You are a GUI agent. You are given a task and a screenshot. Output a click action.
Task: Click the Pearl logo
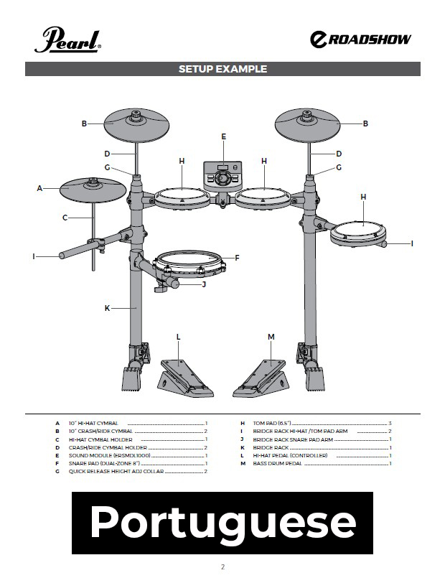pyautogui.click(x=67, y=39)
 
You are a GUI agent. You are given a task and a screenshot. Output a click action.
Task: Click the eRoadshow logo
pyautogui.click(x=360, y=39)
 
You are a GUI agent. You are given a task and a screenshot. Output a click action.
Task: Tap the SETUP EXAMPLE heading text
pyautogui.click(x=222, y=69)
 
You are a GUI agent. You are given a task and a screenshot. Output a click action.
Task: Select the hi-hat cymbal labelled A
pyautogui.click(x=93, y=190)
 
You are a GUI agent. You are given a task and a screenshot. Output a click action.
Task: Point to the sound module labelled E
pyautogui.click(x=223, y=176)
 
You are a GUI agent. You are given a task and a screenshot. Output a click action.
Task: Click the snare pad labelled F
pyautogui.click(x=189, y=265)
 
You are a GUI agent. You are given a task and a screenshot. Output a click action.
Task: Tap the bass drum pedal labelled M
pyautogui.click(x=261, y=378)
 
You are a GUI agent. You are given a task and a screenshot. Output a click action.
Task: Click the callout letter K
pyautogui.click(x=107, y=308)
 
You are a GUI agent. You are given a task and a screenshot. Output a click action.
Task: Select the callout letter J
pyautogui.click(x=204, y=284)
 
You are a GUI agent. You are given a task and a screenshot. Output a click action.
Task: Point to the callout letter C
pyautogui.click(x=65, y=218)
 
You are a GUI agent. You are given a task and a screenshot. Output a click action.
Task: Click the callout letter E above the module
pyautogui.click(x=224, y=136)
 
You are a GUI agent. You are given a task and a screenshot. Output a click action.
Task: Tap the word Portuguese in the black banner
pyautogui.click(x=223, y=522)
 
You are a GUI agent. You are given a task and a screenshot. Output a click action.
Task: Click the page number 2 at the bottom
pyautogui.click(x=222, y=567)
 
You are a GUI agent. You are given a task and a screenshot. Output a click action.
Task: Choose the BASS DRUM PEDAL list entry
pyautogui.click(x=277, y=463)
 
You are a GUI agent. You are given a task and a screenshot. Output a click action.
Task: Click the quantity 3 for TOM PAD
pyautogui.click(x=390, y=423)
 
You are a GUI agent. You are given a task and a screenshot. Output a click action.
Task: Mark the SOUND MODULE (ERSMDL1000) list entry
pyautogui.click(x=109, y=456)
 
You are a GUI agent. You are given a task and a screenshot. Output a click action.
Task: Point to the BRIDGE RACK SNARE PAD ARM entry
pyautogui.click(x=293, y=439)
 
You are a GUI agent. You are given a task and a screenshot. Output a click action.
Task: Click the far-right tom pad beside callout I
pyautogui.click(x=358, y=234)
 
